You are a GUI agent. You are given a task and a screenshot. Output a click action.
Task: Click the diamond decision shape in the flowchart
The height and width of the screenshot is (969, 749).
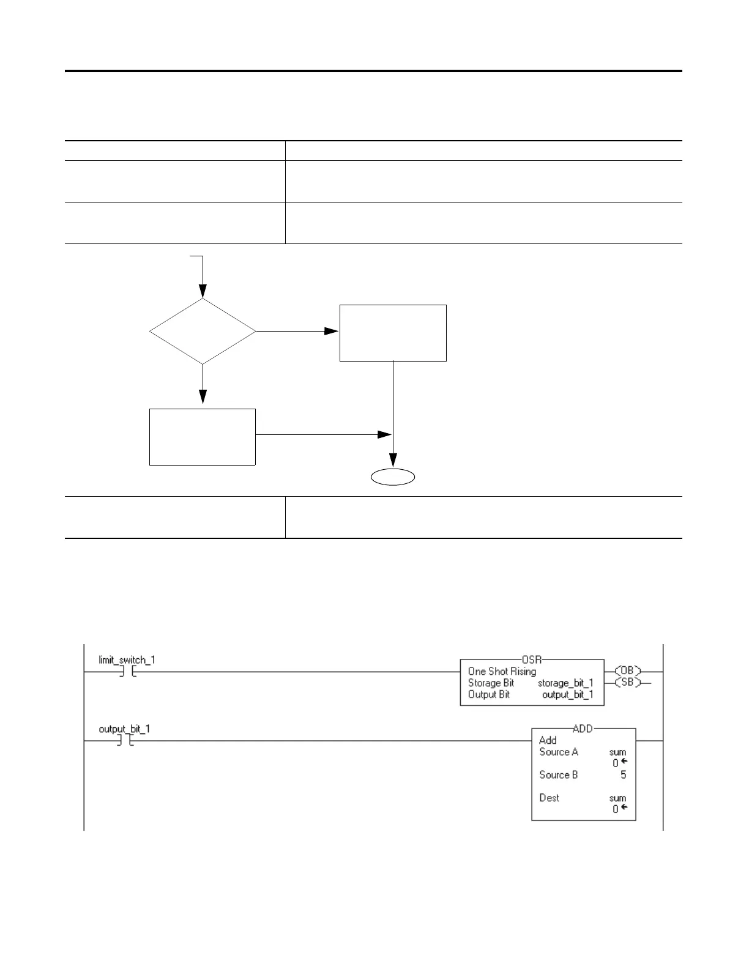pyautogui.click(x=203, y=332)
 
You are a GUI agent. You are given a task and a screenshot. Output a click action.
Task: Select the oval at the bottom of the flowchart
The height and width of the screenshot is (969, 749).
pyautogui.click(x=393, y=477)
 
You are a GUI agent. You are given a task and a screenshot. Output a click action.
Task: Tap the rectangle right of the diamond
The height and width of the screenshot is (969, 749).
pyautogui.click(x=393, y=333)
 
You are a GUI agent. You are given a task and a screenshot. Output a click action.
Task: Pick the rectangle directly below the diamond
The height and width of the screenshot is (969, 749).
pyautogui.click(x=203, y=437)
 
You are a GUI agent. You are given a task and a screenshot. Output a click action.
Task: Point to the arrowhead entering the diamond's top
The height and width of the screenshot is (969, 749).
pyautogui.click(x=203, y=292)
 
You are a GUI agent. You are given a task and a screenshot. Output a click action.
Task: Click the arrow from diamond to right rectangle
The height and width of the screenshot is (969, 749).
pyautogui.click(x=297, y=331)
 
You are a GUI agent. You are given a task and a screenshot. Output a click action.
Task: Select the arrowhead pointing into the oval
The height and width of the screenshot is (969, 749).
pyautogui.click(x=393, y=460)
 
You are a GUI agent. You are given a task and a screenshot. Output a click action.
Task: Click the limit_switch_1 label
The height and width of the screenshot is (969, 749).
pyautogui.click(x=127, y=660)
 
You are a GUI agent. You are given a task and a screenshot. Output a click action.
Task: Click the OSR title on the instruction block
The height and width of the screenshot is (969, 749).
pyautogui.click(x=532, y=659)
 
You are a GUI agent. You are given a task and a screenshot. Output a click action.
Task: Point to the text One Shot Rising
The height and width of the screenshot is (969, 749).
pyautogui.click(x=502, y=671)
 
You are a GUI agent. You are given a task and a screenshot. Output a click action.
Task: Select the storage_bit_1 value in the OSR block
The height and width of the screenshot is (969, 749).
pyautogui.click(x=565, y=683)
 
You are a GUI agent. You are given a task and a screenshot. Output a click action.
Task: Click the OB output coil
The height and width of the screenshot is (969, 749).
pyautogui.click(x=627, y=671)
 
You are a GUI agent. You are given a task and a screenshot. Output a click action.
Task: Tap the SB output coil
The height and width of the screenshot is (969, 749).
pyautogui.click(x=627, y=682)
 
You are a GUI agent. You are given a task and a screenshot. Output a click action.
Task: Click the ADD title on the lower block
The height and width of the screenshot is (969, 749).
pyautogui.click(x=583, y=729)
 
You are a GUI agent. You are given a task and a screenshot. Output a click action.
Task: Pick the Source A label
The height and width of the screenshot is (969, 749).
pyautogui.click(x=559, y=752)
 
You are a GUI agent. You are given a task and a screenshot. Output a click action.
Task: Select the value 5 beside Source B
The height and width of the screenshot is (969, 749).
pyautogui.click(x=623, y=774)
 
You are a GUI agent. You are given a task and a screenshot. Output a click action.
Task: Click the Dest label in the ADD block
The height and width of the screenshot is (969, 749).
pyautogui.click(x=550, y=798)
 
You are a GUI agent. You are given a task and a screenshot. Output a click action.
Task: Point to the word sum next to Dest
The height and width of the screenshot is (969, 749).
pyautogui.click(x=617, y=798)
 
